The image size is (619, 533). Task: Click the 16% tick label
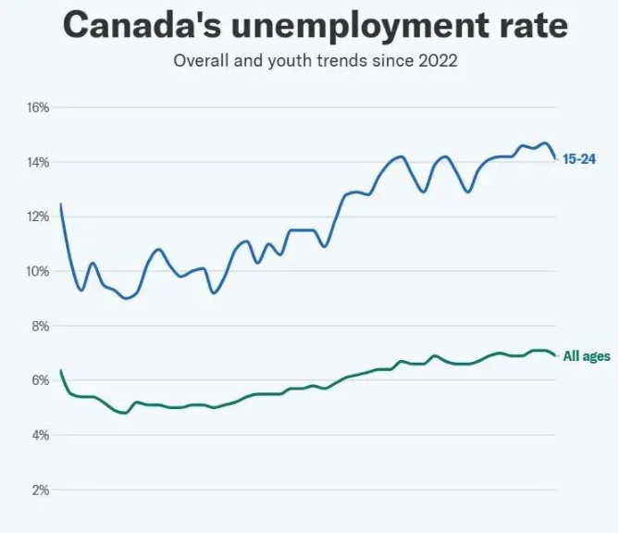[37, 107]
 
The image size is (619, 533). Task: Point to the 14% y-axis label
[37, 162]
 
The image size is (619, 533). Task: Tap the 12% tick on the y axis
[37, 217]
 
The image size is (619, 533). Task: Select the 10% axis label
[37, 271]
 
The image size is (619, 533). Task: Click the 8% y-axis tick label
[39, 326]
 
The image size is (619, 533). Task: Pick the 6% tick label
[39, 380]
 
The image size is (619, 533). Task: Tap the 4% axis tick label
[39, 435]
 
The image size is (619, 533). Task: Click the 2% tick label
[39, 490]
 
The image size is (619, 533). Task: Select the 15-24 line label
[579, 159]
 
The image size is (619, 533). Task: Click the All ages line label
[587, 356]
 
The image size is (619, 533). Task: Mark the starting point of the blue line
[61, 204]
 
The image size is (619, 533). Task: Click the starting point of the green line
[61, 370]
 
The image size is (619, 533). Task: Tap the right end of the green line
[555, 355]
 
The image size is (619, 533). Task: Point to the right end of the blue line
[555, 158]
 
